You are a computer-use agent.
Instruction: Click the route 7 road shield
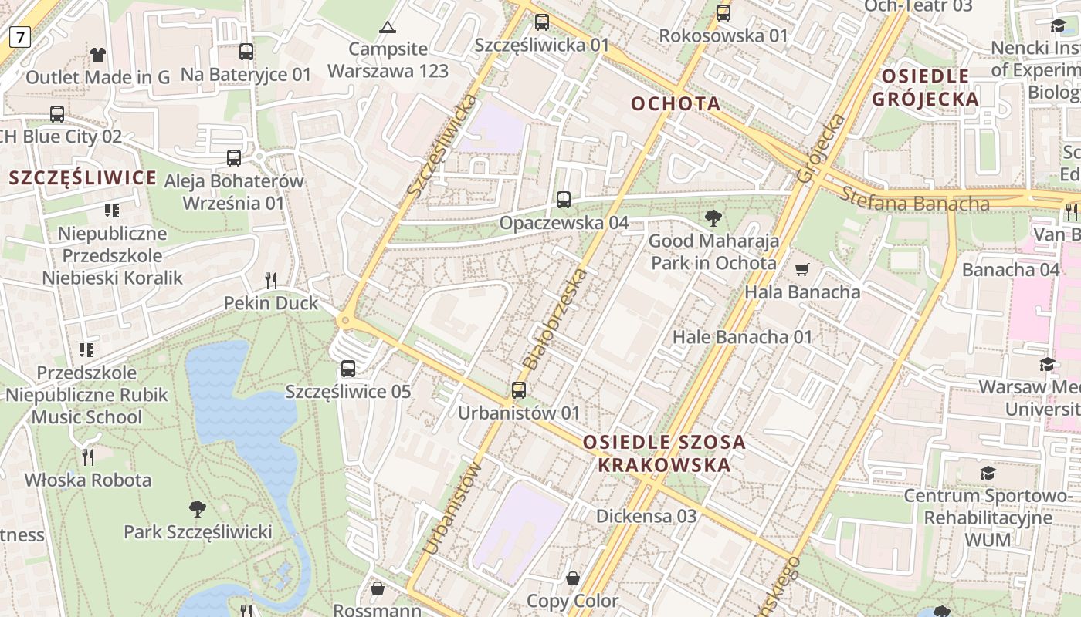point(19,35)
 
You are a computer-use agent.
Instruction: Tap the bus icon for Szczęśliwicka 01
point(542,22)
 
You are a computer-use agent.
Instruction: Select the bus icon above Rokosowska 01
point(723,12)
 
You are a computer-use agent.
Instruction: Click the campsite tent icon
point(387,28)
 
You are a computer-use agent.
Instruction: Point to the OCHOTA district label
point(676,103)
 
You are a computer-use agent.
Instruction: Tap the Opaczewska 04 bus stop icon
point(564,199)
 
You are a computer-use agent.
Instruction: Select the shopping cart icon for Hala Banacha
point(802,269)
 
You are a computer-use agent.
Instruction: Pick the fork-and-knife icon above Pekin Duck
point(271,280)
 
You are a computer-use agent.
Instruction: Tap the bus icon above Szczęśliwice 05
point(348,368)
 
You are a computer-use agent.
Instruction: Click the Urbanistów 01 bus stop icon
point(519,389)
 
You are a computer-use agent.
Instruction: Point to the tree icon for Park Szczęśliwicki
point(198,508)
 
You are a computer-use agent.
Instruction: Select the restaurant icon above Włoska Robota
point(88,457)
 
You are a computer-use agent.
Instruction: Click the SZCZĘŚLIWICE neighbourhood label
point(83,178)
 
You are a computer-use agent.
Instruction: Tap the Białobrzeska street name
point(554,319)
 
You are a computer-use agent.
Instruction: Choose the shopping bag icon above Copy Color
point(573,578)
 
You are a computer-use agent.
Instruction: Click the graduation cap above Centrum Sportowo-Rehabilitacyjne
point(988,472)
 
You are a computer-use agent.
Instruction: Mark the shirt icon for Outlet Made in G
point(98,54)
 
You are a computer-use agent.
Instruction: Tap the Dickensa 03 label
point(646,516)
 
